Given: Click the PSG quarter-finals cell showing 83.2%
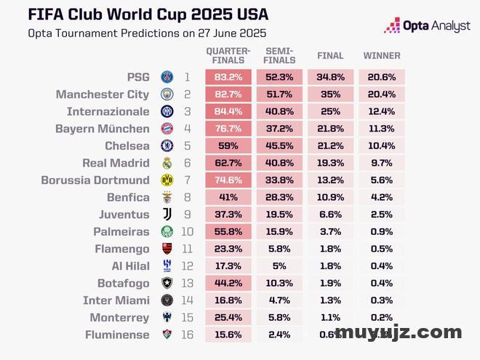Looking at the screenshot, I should point(229,77).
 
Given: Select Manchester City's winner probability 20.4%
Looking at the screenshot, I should point(382,95).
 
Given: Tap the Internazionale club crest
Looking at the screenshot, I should point(167,111).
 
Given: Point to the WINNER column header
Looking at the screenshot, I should point(382,56).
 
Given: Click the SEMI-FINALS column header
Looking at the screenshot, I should point(280,56).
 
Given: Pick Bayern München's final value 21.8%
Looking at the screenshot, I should point(330,129).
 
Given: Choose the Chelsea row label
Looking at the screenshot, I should point(127,146).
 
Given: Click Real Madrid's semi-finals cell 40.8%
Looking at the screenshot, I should point(280,164).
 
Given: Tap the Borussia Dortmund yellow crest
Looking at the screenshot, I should point(167,180).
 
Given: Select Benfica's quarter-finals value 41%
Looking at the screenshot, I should point(229,198).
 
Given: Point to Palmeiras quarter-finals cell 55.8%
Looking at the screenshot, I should point(229,232).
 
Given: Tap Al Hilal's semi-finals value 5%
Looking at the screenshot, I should point(280,266).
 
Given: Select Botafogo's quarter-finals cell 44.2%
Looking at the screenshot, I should point(229,284).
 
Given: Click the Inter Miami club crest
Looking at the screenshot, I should point(167,300).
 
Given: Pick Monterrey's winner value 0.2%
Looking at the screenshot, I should point(382,318).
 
